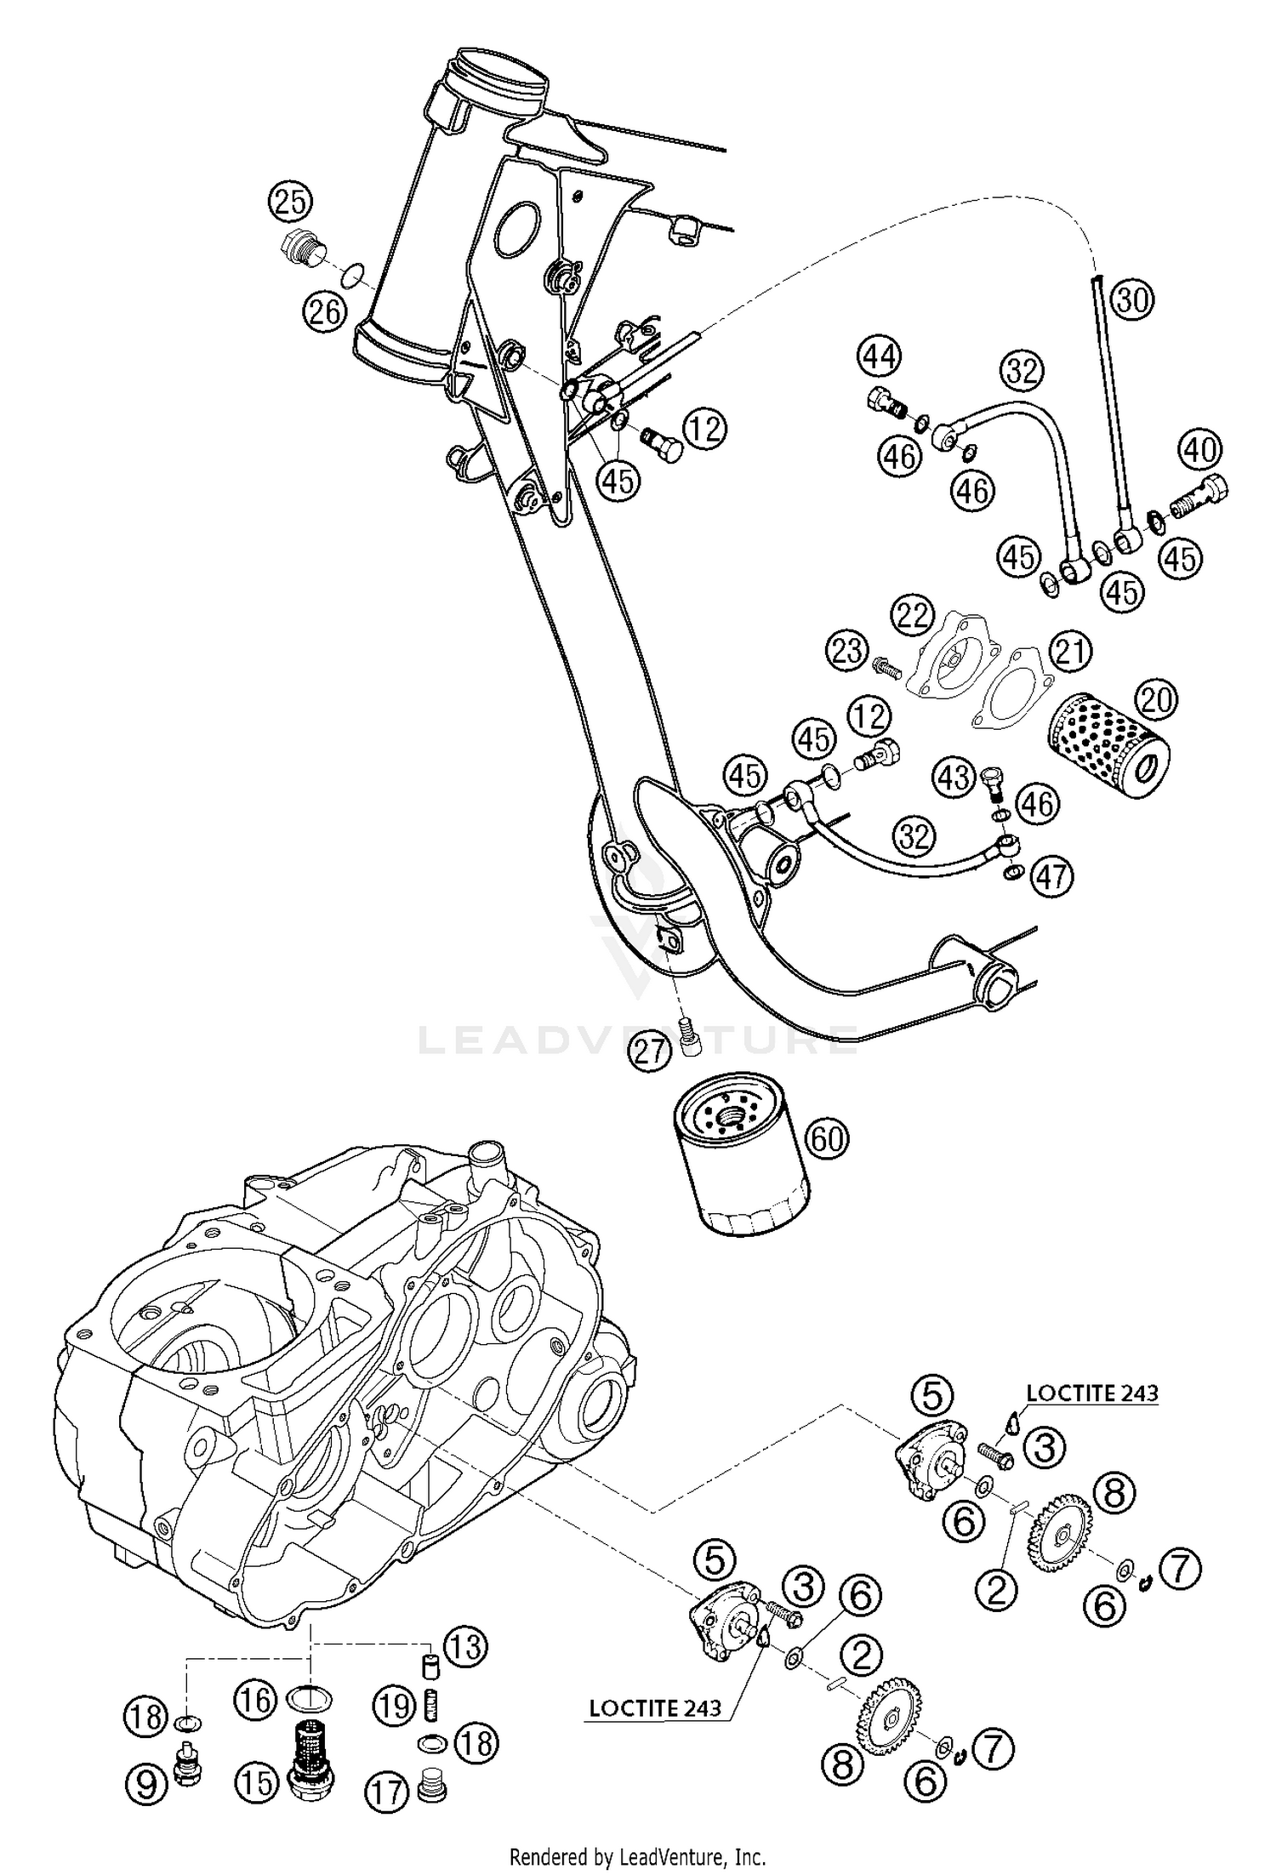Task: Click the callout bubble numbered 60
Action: [x=826, y=1137]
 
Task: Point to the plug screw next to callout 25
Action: [x=299, y=247]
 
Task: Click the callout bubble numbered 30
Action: [x=1132, y=299]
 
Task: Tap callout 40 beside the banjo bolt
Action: [x=1200, y=449]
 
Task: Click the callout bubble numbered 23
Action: [x=847, y=653]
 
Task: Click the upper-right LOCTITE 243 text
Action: [x=1091, y=1393]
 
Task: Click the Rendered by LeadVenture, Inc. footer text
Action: [x=637, y=1855]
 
